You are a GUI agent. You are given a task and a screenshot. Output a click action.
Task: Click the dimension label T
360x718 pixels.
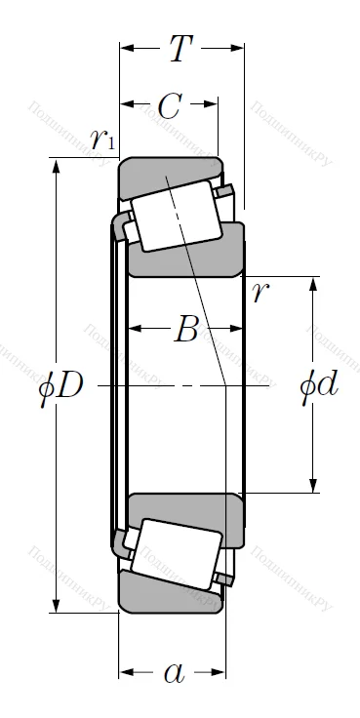coord(180,48)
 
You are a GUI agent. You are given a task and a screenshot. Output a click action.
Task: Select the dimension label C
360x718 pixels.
coord(169,108)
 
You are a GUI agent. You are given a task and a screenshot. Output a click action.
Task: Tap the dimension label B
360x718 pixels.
coord(185,332)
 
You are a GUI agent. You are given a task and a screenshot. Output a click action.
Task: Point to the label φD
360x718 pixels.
coord(60,387)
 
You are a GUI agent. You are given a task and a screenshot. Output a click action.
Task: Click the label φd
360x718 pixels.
coord(318,385)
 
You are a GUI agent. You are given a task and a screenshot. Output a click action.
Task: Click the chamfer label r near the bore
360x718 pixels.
coord(258,292)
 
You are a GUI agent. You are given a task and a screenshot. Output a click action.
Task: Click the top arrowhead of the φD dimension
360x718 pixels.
coord(56,165)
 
